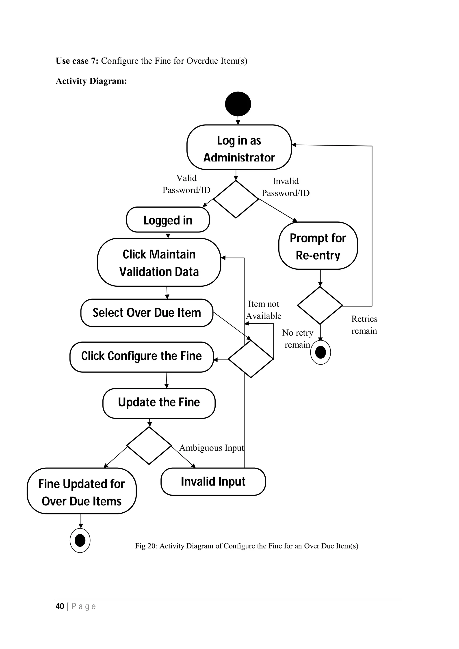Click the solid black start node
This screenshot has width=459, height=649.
tap(238, 104)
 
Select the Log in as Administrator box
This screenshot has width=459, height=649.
tap(239, 147)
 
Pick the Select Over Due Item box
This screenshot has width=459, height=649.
tap(147, 313)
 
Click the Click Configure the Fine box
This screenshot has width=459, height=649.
tap(141, 357)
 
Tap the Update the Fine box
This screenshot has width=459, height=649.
tap(159, 403)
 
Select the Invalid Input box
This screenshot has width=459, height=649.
tap(213, 481)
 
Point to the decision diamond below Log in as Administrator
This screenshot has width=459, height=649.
tap(236, 199)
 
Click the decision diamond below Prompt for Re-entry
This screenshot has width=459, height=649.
tap(320, 305)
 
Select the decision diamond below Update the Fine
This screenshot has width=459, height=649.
tap(149, 446)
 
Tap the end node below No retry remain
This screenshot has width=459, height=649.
tap(320, 352)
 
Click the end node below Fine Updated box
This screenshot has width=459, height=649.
tap(80, 540)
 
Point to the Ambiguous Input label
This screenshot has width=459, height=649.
tap(211, 448)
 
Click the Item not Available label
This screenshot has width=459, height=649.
tap(263, 310)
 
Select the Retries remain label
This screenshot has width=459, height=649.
tap(364, 325)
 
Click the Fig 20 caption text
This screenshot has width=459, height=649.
tap(246, 546)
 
